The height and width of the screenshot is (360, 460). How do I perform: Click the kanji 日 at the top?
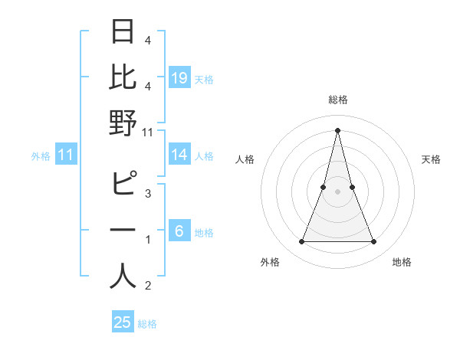[x=123, y=31]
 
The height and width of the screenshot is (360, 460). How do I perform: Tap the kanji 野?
[x=123, y=123]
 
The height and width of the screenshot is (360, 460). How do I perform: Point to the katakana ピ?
[x=123, y=185]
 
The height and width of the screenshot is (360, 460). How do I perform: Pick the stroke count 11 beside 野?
[x=148, y=133]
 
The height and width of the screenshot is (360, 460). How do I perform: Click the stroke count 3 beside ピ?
[x=148, y=194]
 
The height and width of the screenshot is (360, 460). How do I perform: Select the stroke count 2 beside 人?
[x=148, y=286]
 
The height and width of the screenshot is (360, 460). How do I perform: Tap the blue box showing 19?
[x=179, y=77]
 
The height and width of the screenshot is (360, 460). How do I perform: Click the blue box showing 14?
[x=179, y=155]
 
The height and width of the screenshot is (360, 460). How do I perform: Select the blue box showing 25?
[x=123, y=322]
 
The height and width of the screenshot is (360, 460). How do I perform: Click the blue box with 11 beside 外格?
[x=65, y=155]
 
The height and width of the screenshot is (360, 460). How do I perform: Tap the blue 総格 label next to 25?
[x=147, y=324]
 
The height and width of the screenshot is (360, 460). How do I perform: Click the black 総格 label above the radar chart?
[x=337, y=100]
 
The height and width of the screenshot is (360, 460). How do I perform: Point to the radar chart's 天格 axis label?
[x=431, y=159]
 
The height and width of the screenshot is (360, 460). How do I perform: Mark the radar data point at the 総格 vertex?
[x=337, y=129]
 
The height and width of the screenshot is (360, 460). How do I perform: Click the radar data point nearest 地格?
[x=374, y=242]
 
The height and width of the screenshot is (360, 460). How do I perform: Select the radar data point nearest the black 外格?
[x=301, y=242]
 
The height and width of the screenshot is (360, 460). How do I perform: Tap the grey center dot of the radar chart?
[x=337, y=191]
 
